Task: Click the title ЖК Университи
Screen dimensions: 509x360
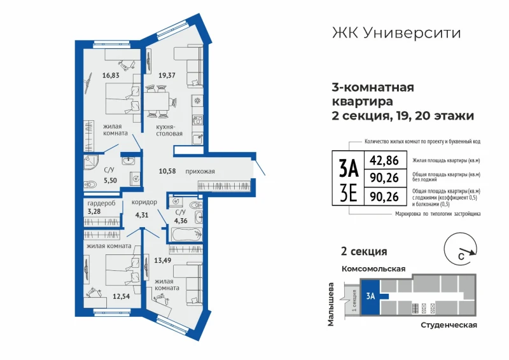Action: pyautogui.click(x=396, y=33)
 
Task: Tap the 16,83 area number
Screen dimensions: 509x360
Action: pyautogui.click(x=111, y=76)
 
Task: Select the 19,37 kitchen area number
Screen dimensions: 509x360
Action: pyautogui.click(x=167, y=76)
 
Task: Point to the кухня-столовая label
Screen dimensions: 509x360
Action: pyautogui.click(x=169, y=130)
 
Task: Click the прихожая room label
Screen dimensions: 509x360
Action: pyautogui.click(x=200, y=171)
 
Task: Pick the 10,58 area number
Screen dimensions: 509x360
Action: pyautogui.click(x=167, y=171)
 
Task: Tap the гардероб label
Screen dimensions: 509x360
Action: pyautogui.click(x=101, y=204)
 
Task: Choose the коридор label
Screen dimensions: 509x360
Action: pyautogui.click(x=144, y=202)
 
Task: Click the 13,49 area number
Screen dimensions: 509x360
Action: pyautogui.click(x=163, y=260)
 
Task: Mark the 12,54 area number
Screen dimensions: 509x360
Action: pyautogui.click(x=121, y=296)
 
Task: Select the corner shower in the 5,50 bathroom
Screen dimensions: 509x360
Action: pyautogui.click(x=90, y=162)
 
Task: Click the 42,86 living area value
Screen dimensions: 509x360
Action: pyautogui.click(x=384, y=160)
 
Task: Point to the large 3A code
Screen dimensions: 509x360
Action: pyautogui.click(x=348, y=169)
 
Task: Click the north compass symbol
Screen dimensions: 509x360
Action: pyautogui.click(x=460, y=249)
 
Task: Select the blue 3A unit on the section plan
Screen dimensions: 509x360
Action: pyautogui.click(x=370, y=296)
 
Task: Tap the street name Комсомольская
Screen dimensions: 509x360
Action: pyautogui.click(x=373, y=269)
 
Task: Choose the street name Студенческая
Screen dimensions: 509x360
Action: pyautogui.click(x=449, y=325)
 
